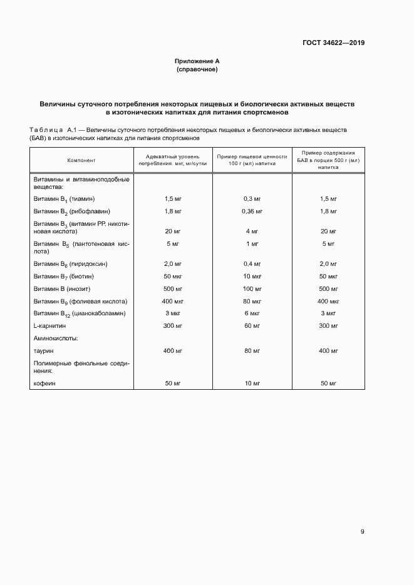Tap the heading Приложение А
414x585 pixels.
pyautogui.click(x=197, y=61)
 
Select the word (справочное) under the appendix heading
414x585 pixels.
pyautogui.click(x=197, y=69)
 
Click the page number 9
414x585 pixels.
pyautogui.click(x=362, y=532)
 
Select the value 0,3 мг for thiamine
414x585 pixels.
pyautogui.click(x=252, y=198)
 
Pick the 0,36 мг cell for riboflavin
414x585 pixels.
pyautogui.click(x=252, y=212)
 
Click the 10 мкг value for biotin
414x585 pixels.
pyautogui.click(x=252, y=276)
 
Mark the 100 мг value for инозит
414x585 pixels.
pyautogui.click(x=252, y=288)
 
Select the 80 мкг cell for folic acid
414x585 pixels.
pyautogui.click(x=252, y=301)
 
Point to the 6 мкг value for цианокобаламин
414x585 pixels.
pyautogui.click(x=252, y=313)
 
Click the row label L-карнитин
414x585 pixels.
pyautogui.click(x=50, y=326)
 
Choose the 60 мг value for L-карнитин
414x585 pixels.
pyautogui.click(x=252, y=326)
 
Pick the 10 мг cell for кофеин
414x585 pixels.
pyautogui.click(x=252, y=383)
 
